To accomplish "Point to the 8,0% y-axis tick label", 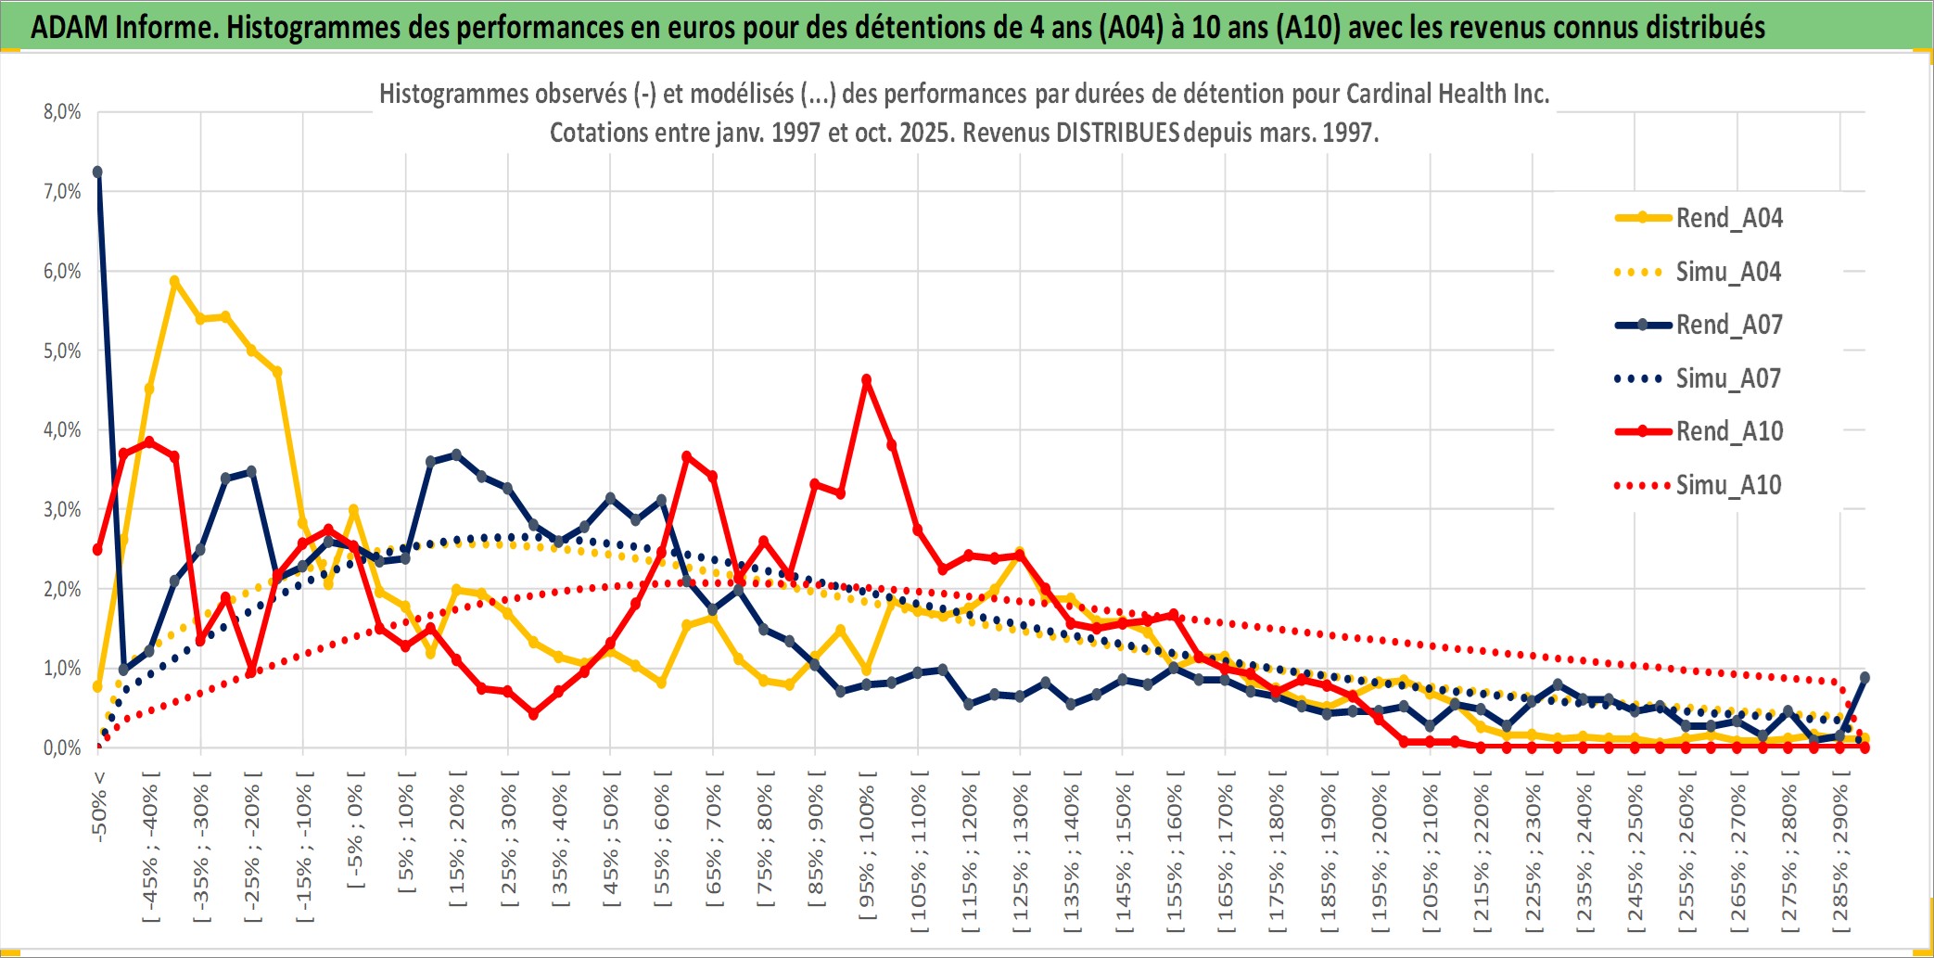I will pos(62,112).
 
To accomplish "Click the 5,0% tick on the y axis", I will pos(62,351).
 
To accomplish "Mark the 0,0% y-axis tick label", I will pos(62,747).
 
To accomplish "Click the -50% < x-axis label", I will pos(99,807).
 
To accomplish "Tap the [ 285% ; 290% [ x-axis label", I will pos(1840,857).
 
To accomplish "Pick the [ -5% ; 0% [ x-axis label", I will pos(355,830).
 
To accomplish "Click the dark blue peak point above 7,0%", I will pos(97,172).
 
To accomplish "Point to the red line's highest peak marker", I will pos(867,379).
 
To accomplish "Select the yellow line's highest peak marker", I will pos(174,280).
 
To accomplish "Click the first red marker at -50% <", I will pos(97,550).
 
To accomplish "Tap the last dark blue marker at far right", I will pos(1864,678).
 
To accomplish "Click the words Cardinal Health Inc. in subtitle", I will pos(1447,94).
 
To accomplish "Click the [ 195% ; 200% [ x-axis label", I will pos(1380,857).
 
